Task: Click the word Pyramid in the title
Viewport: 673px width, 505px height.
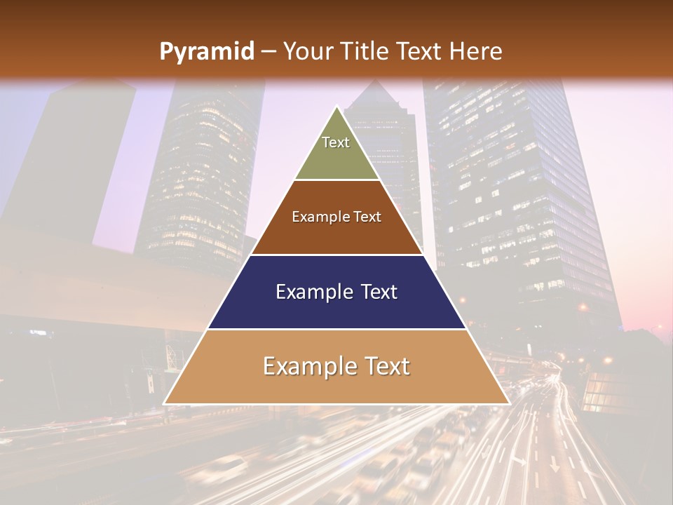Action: tap(207, 52)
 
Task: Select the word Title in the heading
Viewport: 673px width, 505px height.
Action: tap(367, 51)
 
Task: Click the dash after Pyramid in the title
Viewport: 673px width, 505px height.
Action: tap(268, 52)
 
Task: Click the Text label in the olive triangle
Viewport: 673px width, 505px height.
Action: tap(336, 142)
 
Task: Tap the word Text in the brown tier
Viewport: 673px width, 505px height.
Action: tap(367, 217)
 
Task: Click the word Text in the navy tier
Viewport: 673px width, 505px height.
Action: tap(379, 292)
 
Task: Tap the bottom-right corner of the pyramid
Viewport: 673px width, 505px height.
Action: tap(509, 403)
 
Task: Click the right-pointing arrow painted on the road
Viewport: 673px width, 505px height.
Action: tap(518, 461)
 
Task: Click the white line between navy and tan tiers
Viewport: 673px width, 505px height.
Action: tap(337, 329)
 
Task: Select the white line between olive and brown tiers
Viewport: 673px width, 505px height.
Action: tap(337, 180)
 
